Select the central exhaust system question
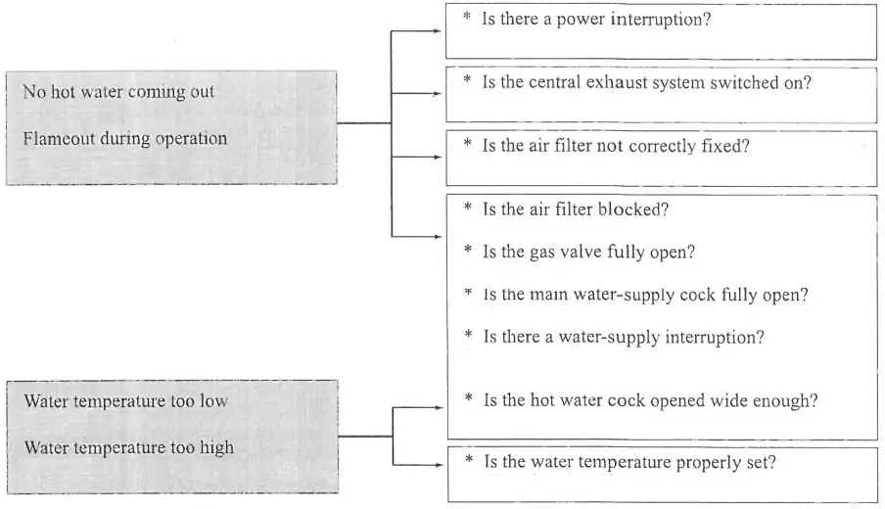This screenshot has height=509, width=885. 646,82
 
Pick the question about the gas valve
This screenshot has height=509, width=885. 588,252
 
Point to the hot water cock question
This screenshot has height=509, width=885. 650,400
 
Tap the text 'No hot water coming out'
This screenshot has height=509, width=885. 118,93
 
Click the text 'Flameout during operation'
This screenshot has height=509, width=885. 124,138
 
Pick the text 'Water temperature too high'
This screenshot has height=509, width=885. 128,447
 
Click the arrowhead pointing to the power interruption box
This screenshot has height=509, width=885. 438,30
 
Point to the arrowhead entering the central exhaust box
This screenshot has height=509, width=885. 438,94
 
